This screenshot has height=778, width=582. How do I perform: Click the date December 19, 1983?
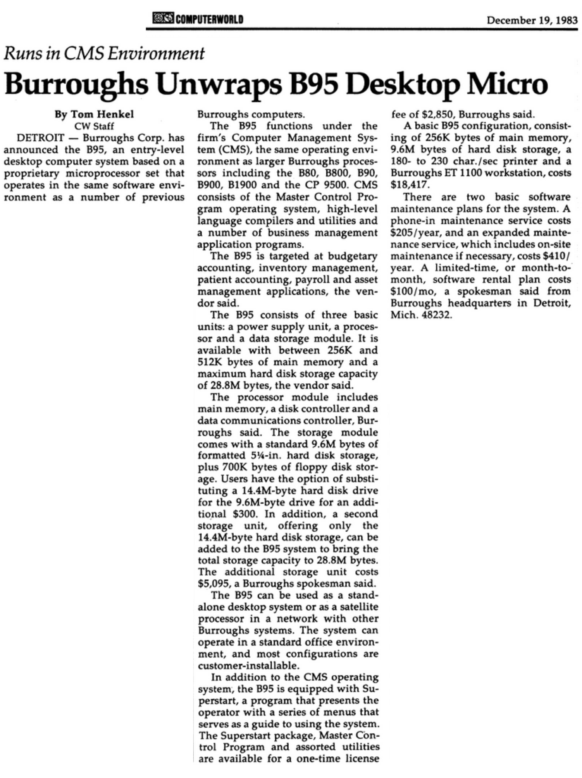[532, 20]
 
